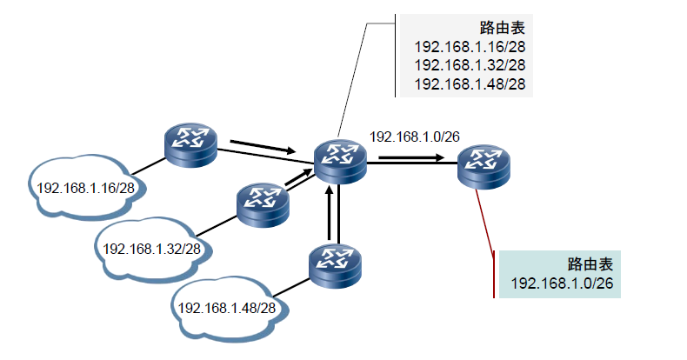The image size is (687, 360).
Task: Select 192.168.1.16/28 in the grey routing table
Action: (470, 47)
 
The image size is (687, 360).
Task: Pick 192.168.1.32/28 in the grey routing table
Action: (470, 65)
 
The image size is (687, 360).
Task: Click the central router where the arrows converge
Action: (341, 160)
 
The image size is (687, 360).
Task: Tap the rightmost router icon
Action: (483, 164)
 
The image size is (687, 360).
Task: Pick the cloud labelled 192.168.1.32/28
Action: (152, 247)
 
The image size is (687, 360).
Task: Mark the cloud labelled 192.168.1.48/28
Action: (227, 307)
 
